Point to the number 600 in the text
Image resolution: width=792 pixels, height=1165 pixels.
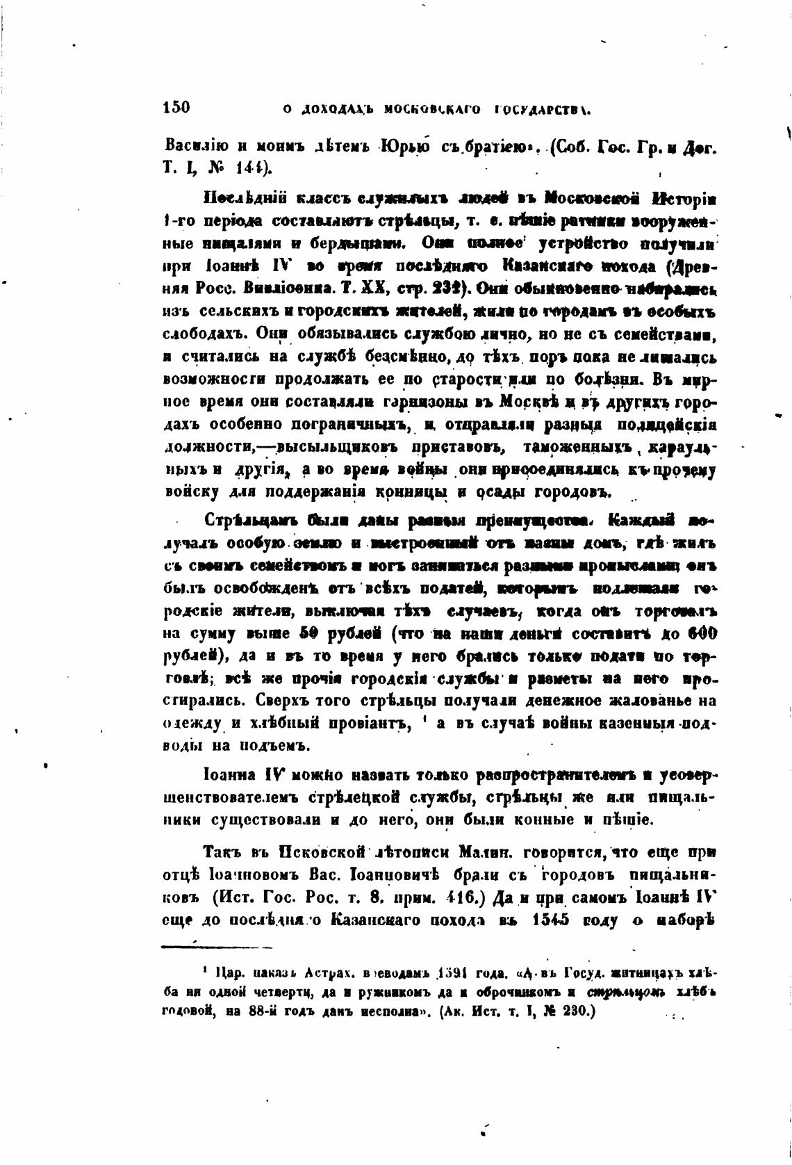pos(702,634)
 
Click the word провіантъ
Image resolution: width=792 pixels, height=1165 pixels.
pos(369,724)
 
